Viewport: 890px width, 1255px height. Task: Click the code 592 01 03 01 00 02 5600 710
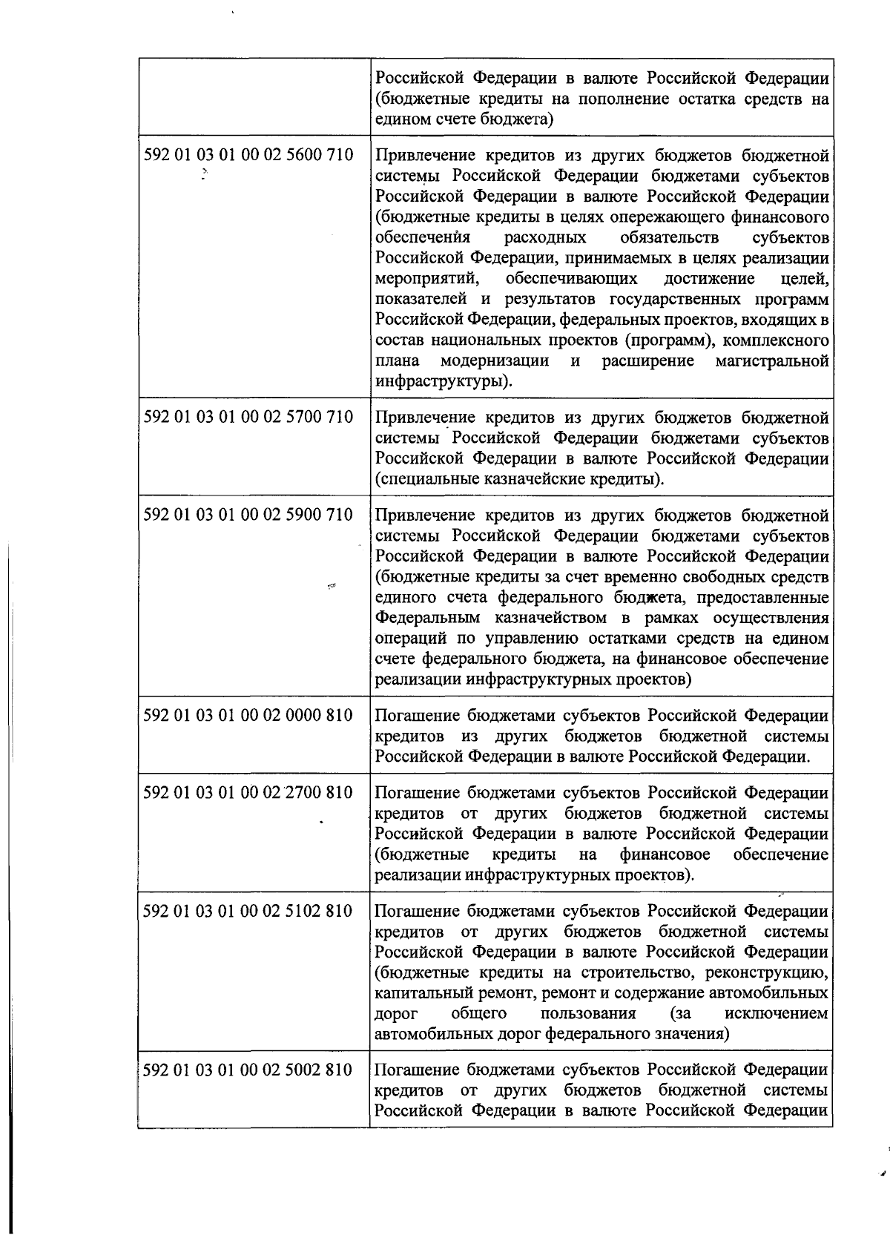pos(248,156)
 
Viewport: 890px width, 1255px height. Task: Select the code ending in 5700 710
pos(248,417)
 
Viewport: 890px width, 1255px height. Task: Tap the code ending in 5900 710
pos(248,515)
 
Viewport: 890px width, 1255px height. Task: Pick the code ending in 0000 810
pos(248,715)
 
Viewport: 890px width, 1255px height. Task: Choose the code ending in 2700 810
pos(248,793)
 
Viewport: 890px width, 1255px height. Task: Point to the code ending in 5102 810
pos(248,911)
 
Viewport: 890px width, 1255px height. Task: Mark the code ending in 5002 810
pos(248,1070)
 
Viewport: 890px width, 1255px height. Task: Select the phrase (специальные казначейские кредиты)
pos(520,479)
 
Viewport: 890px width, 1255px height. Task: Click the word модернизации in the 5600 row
pos(495,361)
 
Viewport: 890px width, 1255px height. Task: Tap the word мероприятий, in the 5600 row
pos(419,279)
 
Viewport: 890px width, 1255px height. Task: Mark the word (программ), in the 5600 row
pos(667,340)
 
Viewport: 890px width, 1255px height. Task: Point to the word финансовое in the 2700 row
pos(665,854)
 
